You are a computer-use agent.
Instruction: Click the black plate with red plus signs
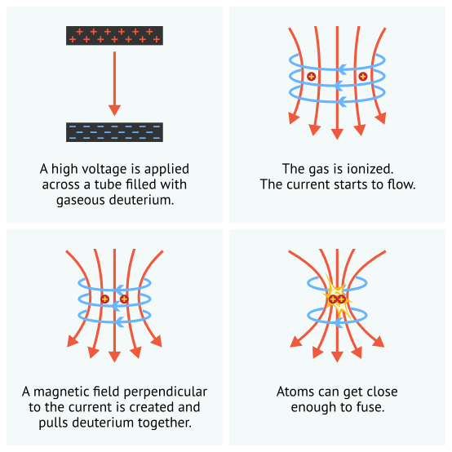[x=114, y=35]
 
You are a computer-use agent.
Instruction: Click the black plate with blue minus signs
[x=114, y=132]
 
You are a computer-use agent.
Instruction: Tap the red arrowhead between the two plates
[x=114, y=110]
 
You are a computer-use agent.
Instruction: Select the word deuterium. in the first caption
[x=141, y=200]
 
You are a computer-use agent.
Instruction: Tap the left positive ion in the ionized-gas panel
[x=311, y=77]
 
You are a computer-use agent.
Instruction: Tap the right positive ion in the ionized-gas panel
[x=363, y=77]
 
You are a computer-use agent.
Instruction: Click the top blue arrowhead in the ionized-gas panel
[x=342, y=69]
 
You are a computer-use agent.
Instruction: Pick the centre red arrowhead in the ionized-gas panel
[x=337, y=134]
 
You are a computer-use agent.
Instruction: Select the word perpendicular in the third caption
[x=166, y=392]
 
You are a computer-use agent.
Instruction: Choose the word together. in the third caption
[x=165, y=423]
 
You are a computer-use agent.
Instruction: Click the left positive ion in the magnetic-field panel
[x=105, y=299]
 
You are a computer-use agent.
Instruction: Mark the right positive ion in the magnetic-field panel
[x=124, y=299]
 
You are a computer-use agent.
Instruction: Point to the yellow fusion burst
[x=337, y=297]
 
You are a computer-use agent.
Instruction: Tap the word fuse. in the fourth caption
[x=370, y=407]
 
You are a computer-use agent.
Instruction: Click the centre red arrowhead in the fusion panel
[x=337, y=357]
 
